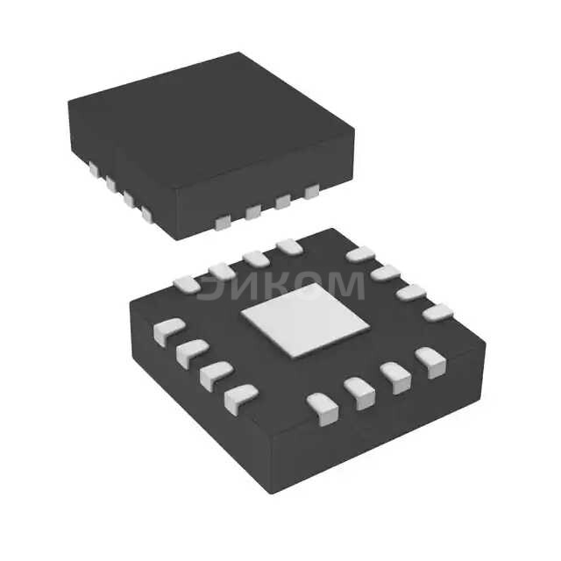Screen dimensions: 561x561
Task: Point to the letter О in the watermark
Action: (x=301, y=286)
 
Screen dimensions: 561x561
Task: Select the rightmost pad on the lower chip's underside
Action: (x=438, y=311)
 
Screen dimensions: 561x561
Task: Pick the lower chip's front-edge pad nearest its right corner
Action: (x=430, y=361)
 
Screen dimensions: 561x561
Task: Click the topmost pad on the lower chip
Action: (x=288, y=247)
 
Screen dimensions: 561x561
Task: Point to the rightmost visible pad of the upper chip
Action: (x=311, y=191)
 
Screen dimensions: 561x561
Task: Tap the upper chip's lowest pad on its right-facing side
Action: (x=224, y=223)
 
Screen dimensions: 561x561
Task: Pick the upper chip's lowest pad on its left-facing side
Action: (x=147, y=213)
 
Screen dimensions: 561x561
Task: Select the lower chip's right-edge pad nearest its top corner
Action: (x=360, y=255)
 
